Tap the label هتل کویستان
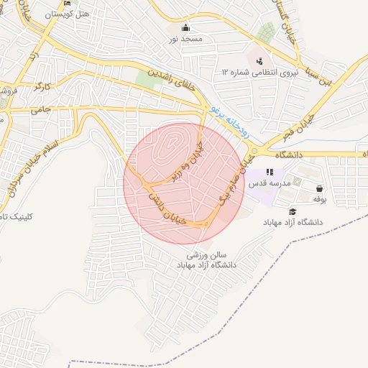(67, 14)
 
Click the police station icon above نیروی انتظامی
(259, 60)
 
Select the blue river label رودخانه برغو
(231, 121)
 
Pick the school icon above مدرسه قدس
(270, 172)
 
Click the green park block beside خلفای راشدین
(149, 81)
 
